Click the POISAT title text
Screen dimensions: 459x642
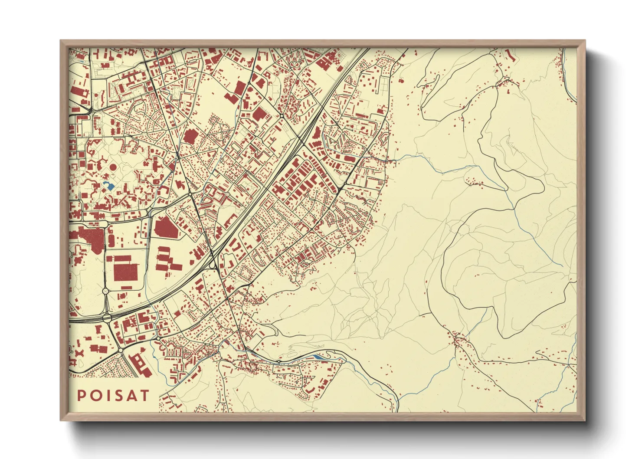(x=113, y=396)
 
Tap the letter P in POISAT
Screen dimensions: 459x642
(x=81, y=396)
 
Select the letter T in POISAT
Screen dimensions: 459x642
(x=144, y=396)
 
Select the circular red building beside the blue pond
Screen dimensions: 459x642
(x=113, y=167)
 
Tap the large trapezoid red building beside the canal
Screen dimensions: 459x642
(x=167, y=228)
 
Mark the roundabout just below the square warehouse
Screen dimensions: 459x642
(x=105, y=291)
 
